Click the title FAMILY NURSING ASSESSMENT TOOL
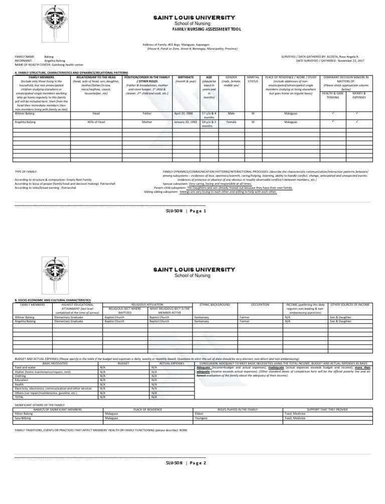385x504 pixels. (x=192, y=29)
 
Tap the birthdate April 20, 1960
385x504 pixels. (x=184, y=114)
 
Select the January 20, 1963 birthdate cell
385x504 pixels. (x=184, y=122)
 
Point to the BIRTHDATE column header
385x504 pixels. (x=185, y=77)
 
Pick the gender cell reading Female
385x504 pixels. (x=231, y=122)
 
